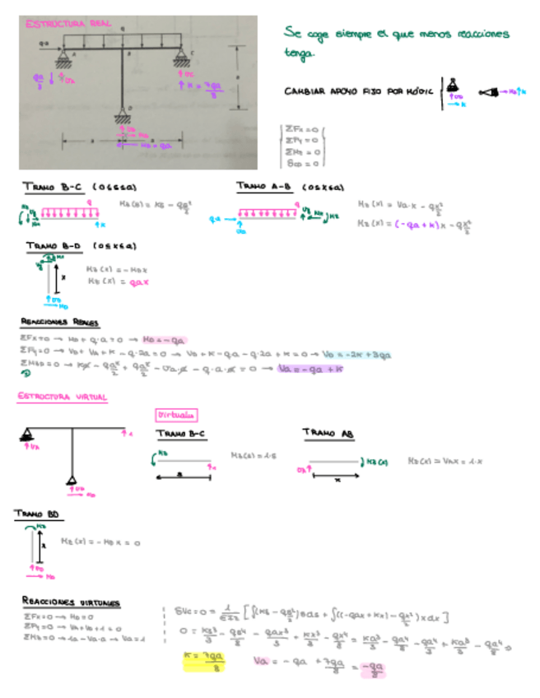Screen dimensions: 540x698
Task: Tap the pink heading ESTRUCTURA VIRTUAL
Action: click(x=62, y=398)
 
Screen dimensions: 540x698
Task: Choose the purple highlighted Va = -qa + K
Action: click(x=310, y=370)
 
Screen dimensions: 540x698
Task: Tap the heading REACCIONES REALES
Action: click(x=59, y=322)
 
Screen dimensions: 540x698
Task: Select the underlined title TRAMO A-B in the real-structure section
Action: click(x=263, y=186)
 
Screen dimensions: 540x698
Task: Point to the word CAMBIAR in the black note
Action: click(x=304, y=91)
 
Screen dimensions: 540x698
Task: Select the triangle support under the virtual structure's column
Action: click(x=72, y=482)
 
